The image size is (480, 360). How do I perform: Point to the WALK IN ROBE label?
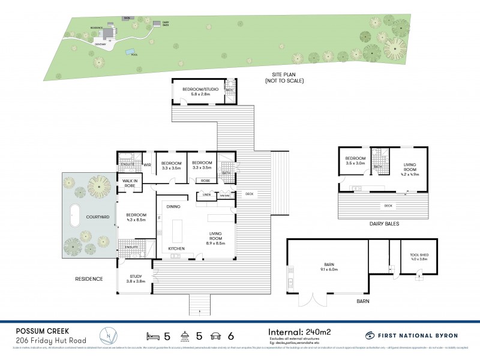coord(131,183)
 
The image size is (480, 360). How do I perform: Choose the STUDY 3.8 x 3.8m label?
coord(135,278)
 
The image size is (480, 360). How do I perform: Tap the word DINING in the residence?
coord(173,206)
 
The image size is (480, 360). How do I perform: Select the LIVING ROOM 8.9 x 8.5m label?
coord(216,238)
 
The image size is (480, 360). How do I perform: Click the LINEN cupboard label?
coord(206,195)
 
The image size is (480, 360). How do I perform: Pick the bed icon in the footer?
coord(152,335)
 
